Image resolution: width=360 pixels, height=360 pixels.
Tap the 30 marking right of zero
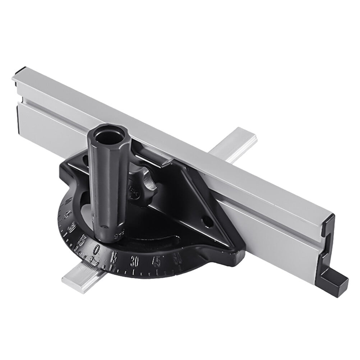pyautogui.click(x=135, y=262)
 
